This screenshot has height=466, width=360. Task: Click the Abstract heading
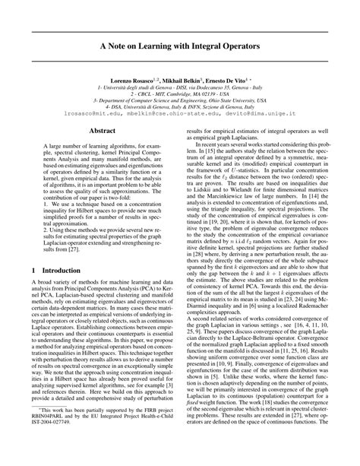103,132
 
